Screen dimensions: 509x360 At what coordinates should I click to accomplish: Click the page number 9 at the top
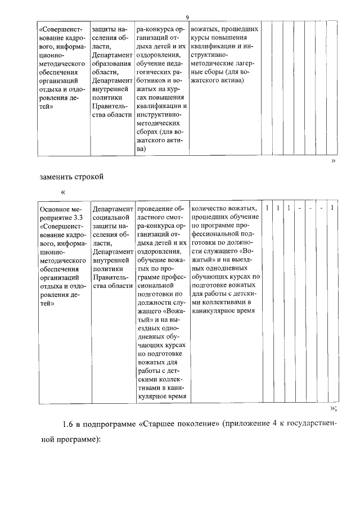point(187,17)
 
